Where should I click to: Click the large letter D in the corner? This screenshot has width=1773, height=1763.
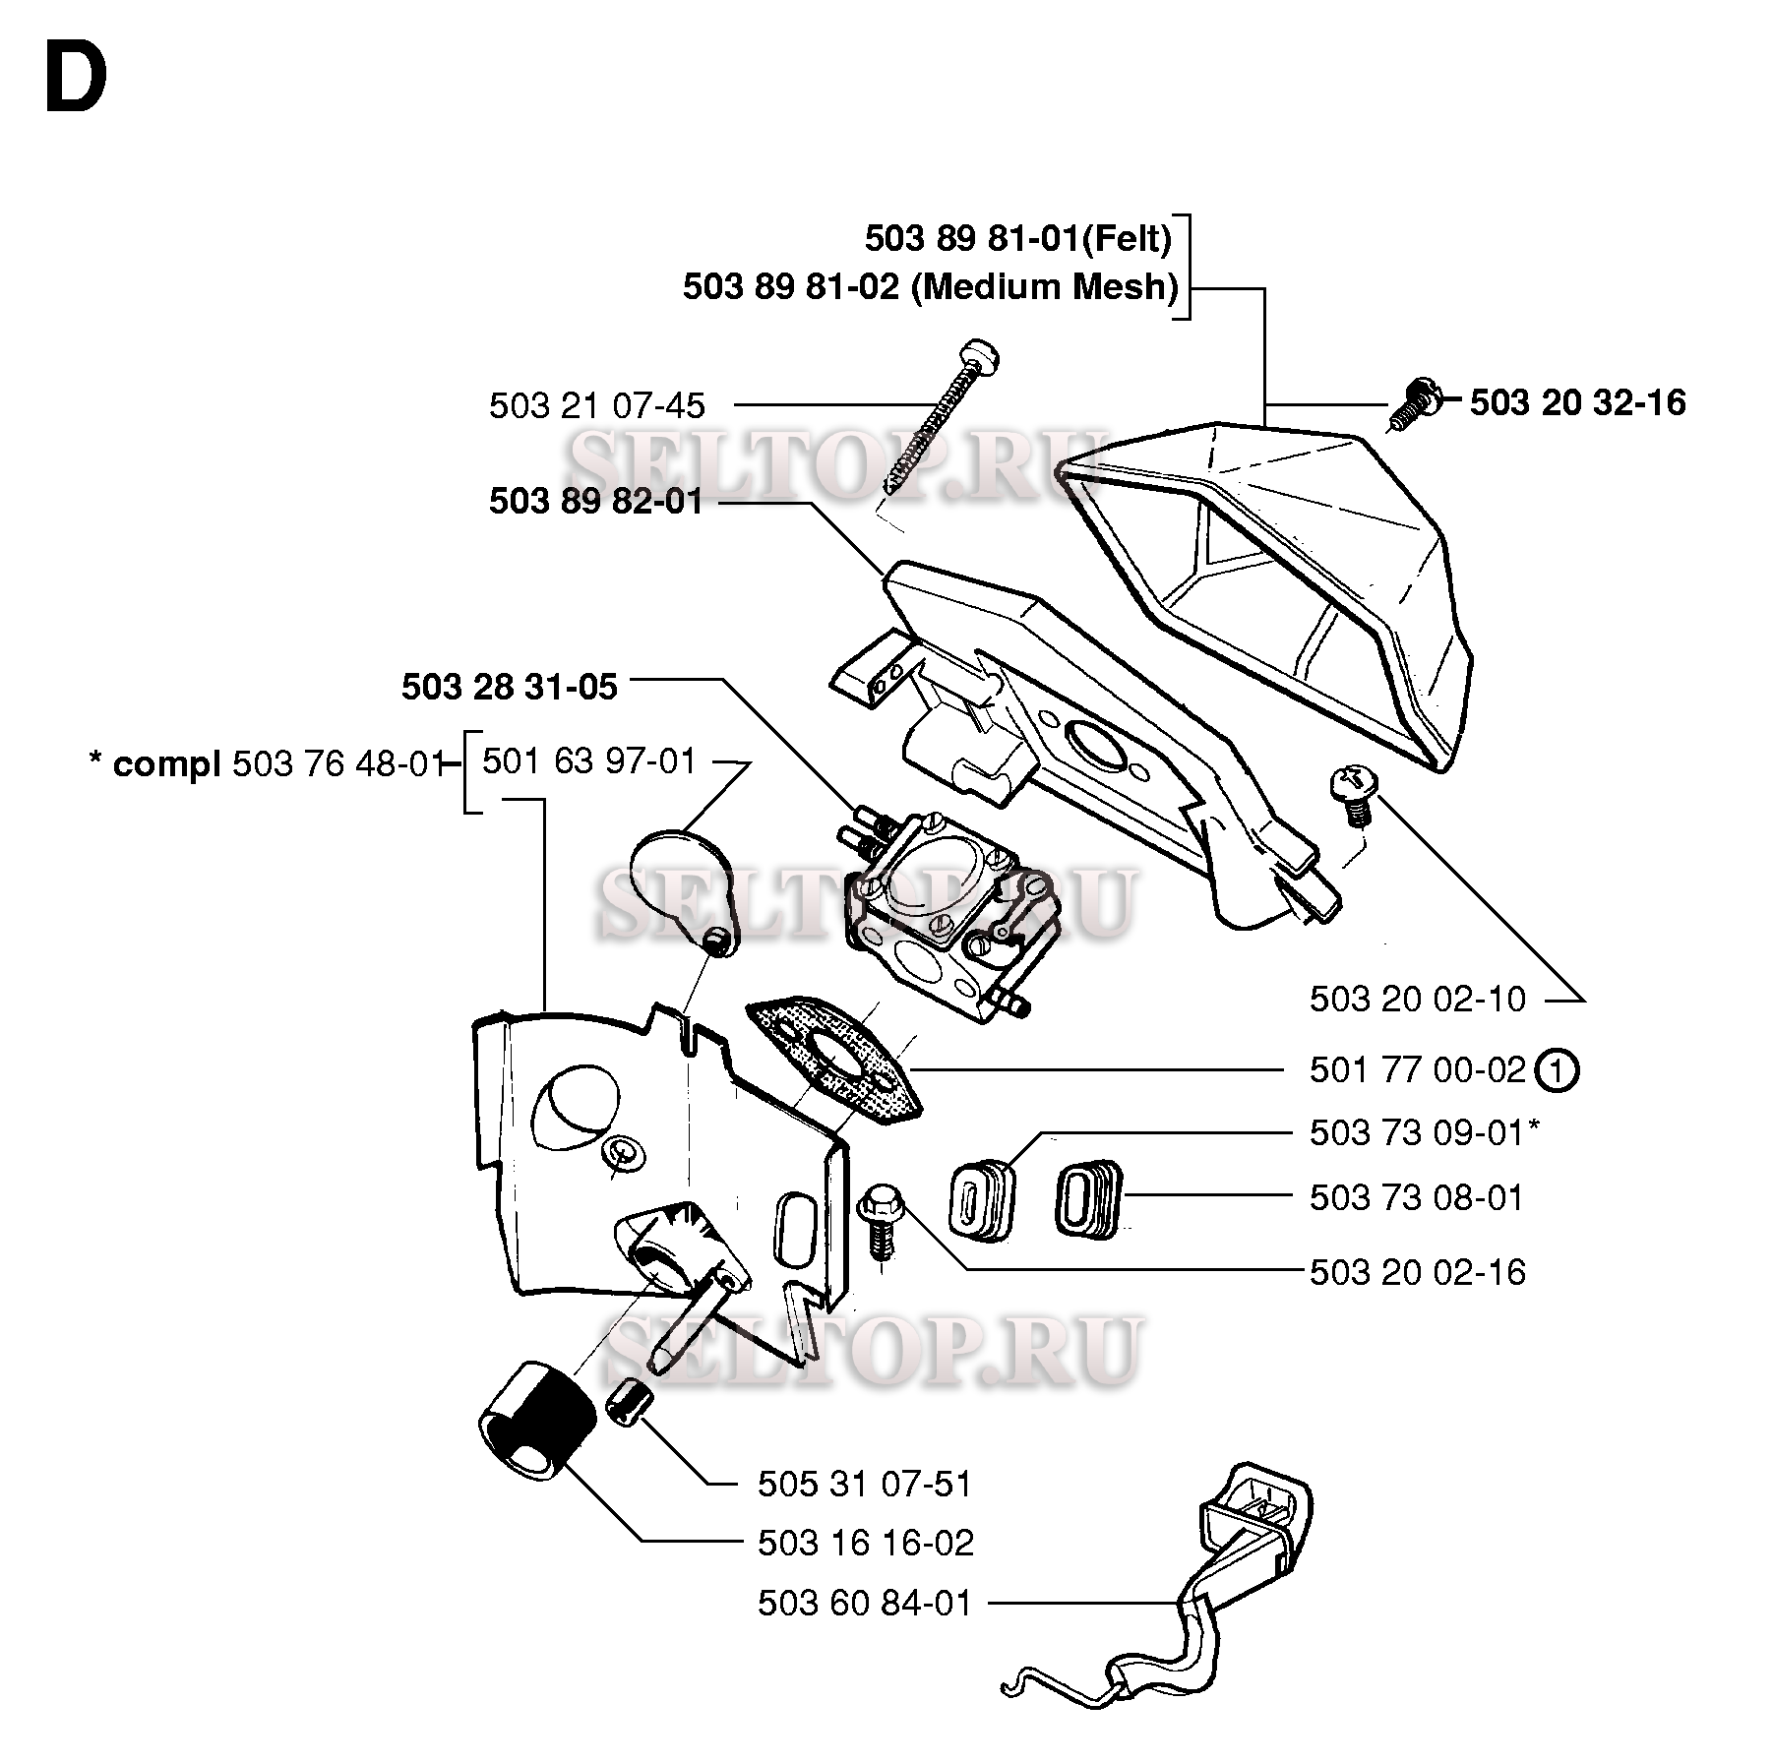(76, 81)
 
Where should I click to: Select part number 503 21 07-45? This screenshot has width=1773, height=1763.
(596, 405)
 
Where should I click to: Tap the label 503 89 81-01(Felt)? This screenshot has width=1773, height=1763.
(1018, 239)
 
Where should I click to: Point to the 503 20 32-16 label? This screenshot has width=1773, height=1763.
(1577, 402)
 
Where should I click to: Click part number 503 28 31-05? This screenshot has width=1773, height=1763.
(509, 687)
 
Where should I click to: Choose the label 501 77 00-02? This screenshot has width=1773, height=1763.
(1417, 1069)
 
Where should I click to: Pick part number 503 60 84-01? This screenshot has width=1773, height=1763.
(864, 1604)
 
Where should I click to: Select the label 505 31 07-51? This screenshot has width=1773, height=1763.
(864, 1484)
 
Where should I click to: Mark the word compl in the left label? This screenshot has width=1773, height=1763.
(166, 764)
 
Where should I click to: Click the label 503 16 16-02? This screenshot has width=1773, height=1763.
(865, 1543)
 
